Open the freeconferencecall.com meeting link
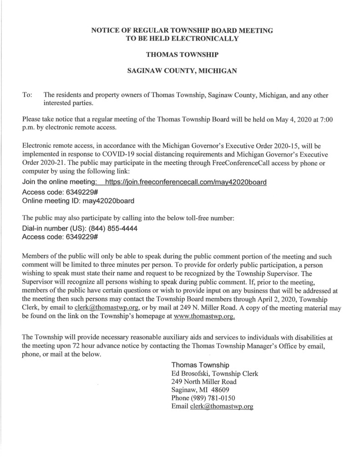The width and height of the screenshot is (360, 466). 185,182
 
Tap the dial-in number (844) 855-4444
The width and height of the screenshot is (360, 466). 112,229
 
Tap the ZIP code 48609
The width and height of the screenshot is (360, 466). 219,390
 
